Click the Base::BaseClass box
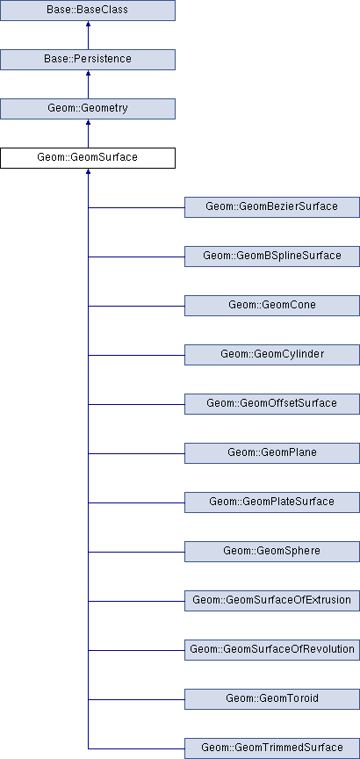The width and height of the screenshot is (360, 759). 88,11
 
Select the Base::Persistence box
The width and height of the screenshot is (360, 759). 88,60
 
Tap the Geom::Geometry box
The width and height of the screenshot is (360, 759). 88,108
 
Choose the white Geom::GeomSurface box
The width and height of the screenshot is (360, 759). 88,158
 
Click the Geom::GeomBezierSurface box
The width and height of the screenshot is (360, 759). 272,207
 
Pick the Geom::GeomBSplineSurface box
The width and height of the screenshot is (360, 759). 272,256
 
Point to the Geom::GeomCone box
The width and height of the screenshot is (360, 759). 272,306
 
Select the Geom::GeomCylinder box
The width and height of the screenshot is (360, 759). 272,355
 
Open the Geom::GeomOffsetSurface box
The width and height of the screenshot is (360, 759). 272,404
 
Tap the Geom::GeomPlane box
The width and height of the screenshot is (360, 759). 272,453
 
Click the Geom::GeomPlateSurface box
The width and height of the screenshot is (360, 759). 272,502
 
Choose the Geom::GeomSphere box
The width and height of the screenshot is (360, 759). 272,552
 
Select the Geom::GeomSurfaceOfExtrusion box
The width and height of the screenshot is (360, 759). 272,601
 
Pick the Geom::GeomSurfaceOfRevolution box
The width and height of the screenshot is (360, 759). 272,650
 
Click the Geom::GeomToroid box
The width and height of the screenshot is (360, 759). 272,699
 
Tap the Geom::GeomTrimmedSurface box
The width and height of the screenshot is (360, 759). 272,748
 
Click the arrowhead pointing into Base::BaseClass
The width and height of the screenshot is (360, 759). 88,24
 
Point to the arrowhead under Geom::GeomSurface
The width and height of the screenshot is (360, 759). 88,171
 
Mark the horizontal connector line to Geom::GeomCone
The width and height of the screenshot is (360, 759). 136,306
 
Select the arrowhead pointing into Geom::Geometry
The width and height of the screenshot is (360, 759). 88,122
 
